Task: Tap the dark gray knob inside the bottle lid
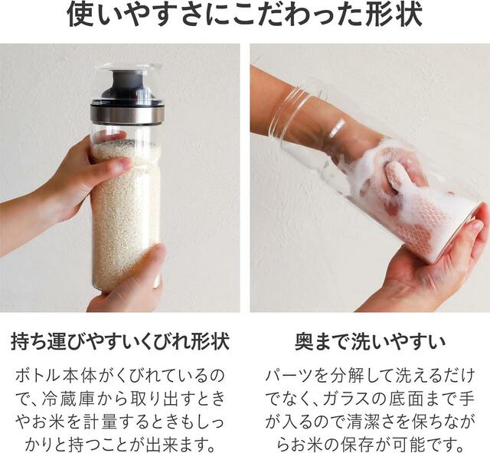point(126,80)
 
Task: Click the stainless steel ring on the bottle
point(127,114)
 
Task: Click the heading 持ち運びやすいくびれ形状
point(120,341)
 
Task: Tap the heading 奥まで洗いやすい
point(370,341)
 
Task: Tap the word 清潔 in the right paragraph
point(364,422)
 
